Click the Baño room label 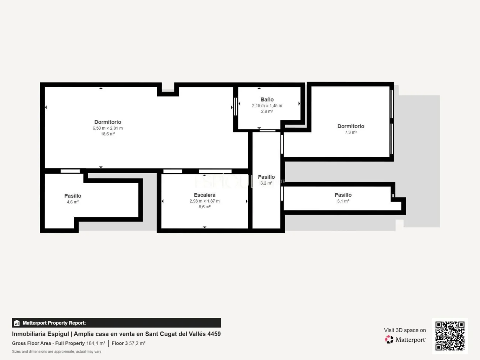pos(267,99)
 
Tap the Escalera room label pos(205,195)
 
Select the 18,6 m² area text pos(108,134)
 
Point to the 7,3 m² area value pos(351,132)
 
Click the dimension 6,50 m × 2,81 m pos(108,128)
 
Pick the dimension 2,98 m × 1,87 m pos(205,201)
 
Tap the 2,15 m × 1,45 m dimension pos(267,106)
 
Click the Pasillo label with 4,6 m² pos(73,196)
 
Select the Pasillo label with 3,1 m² pos(343,195)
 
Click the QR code pos(450,336)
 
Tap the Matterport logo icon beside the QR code pos(389,339)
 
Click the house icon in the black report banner pos(17,323)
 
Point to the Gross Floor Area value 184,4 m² pos(96,343)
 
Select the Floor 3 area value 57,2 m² pos(137,343)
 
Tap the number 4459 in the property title pos(214,334)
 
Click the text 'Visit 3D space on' pos(405,330)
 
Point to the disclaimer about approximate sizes pos(56,352)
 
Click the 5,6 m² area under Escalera pos(205,207)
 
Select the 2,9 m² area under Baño pos(267,112)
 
